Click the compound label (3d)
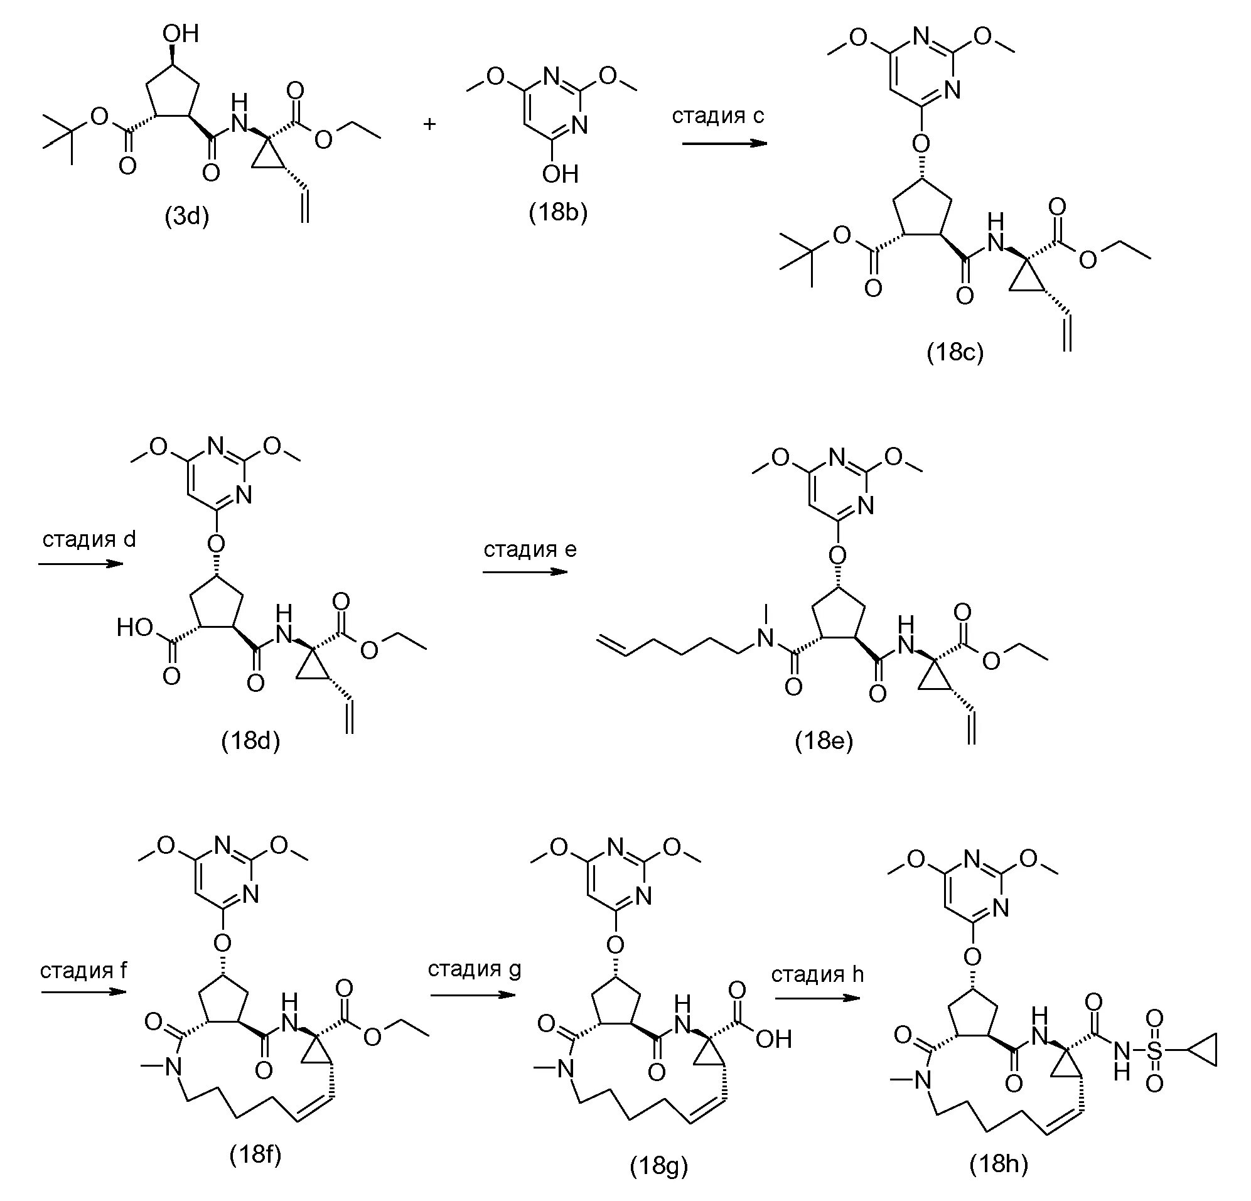pos(187,218)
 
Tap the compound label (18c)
pos(955,352)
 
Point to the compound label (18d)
pos(251,741)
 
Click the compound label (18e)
pos(824,741)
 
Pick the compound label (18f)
pos(255,1155)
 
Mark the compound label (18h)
pos(999,1165)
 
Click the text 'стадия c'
pos(718,116)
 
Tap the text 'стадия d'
pos(89,539)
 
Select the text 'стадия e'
pos(530,549)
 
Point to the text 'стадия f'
pos(83,971)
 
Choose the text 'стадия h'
pos(818,974)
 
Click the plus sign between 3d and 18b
pos(429,124)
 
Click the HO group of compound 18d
pos(136,628)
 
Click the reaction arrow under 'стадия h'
pos(817,998)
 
